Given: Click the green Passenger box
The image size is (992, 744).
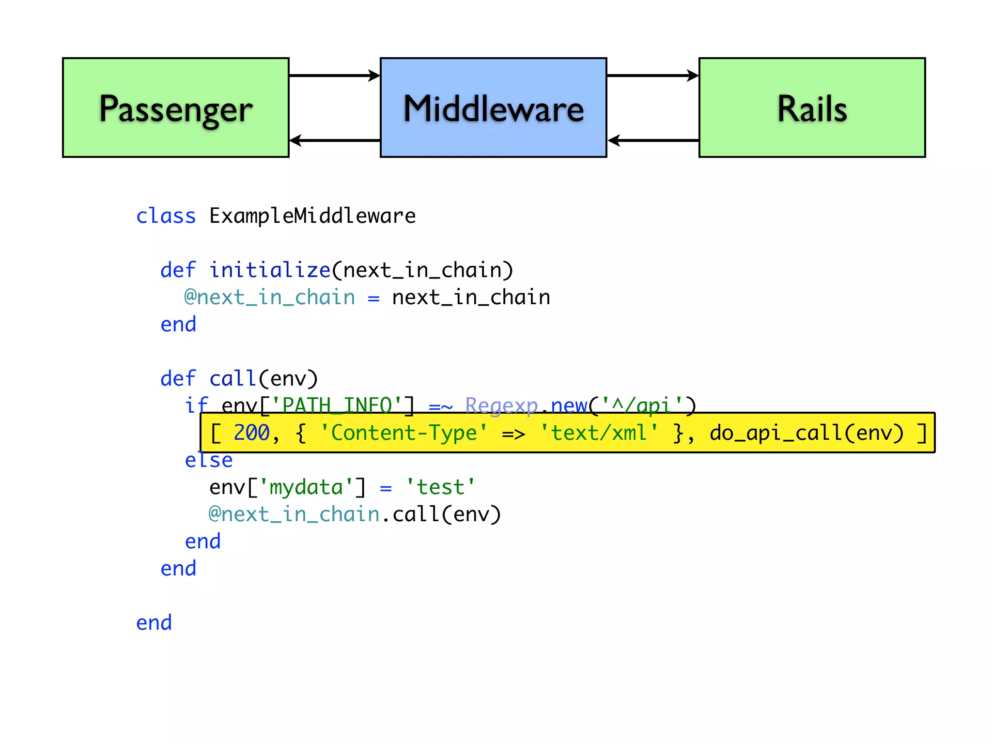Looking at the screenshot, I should pos(175,108).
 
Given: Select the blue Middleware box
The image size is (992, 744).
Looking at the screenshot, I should pos(493,108).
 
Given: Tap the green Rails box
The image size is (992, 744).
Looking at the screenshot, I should pos(812,108).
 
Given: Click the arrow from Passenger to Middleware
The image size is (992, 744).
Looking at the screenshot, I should pos(334,76).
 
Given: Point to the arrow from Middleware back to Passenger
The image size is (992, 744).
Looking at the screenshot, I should pos(334,140).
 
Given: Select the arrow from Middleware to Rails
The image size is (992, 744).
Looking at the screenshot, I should pos(652,76).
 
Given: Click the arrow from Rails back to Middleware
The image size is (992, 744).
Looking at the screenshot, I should pos(652,140).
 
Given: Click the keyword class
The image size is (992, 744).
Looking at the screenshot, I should pos(166,216).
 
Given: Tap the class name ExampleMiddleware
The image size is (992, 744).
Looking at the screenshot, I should pos(312,216).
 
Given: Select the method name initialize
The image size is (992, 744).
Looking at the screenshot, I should pos(270,270).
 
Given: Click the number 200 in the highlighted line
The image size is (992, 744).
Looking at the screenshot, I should pos(251,433).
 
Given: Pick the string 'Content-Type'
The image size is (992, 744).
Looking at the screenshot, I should pos(403,433).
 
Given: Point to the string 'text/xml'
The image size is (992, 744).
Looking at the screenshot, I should pos(599,433).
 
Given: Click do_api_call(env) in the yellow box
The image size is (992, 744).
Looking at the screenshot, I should pos(806,433).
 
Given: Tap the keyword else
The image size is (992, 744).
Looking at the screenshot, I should pos(209,460).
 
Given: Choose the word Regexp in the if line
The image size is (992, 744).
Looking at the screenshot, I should pos(501,405).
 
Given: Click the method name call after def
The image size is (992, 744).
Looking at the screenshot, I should pos(232,379).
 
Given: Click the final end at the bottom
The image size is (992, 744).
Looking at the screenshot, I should pos(154,623).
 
